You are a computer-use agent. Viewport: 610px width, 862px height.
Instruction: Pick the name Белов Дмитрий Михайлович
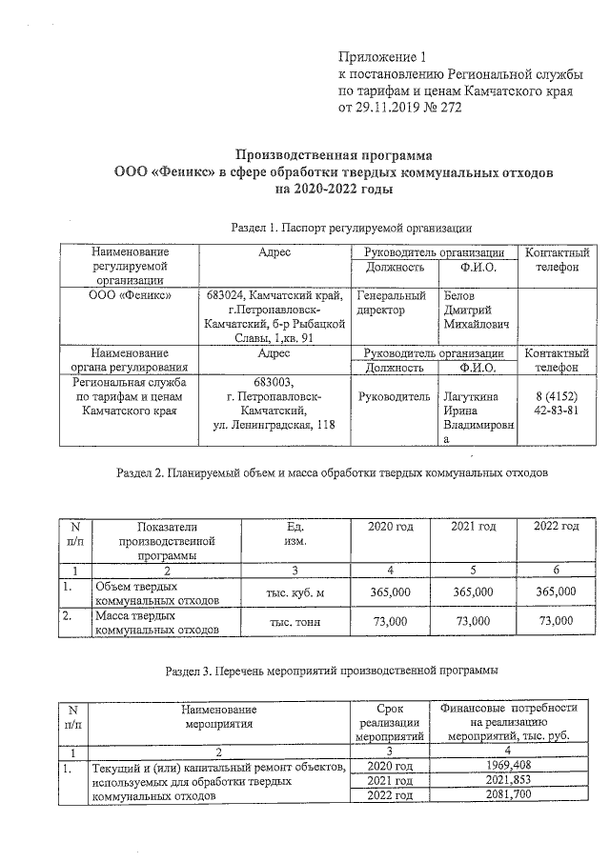pos(477,311)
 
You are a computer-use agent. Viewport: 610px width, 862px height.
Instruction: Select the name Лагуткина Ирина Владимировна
pos(477,417)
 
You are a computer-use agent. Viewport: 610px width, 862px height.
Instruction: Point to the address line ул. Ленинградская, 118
pos(274,424)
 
